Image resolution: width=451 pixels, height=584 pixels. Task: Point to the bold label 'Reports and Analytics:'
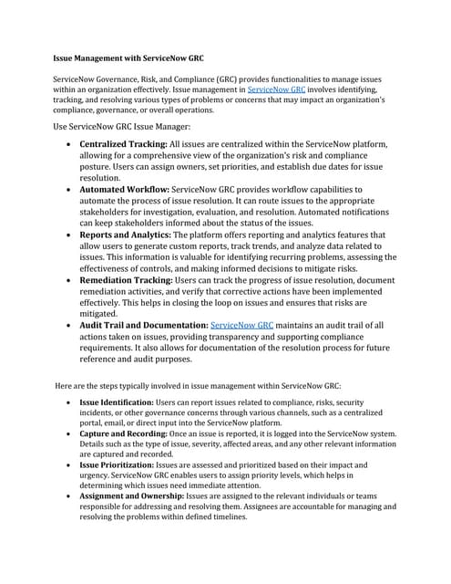tap(126, 235)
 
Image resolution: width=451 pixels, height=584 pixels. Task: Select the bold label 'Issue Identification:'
tap(116, 401)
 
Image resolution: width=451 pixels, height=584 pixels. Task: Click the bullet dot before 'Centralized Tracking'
tap(70, 146)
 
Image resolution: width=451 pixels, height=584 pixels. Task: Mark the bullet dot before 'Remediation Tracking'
tap(70, 280)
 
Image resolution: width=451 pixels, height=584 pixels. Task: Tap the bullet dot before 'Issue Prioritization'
tap(70, 465)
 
